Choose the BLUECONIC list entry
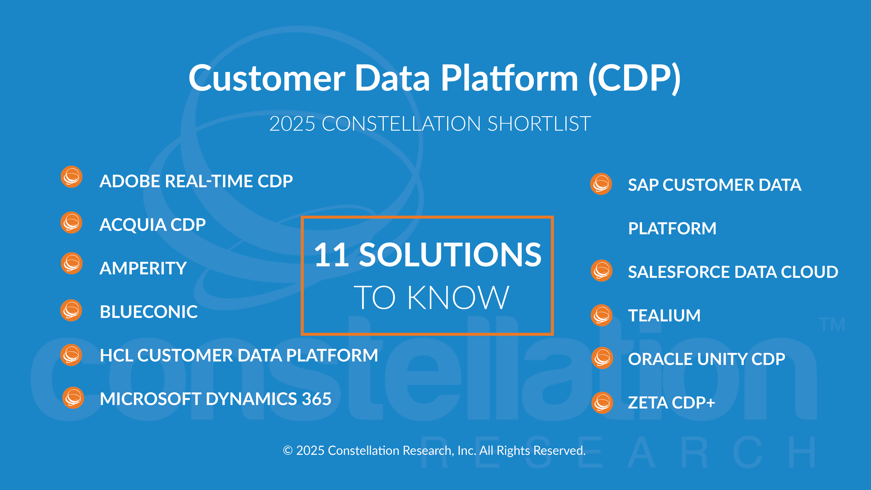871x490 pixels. [149, 312]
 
